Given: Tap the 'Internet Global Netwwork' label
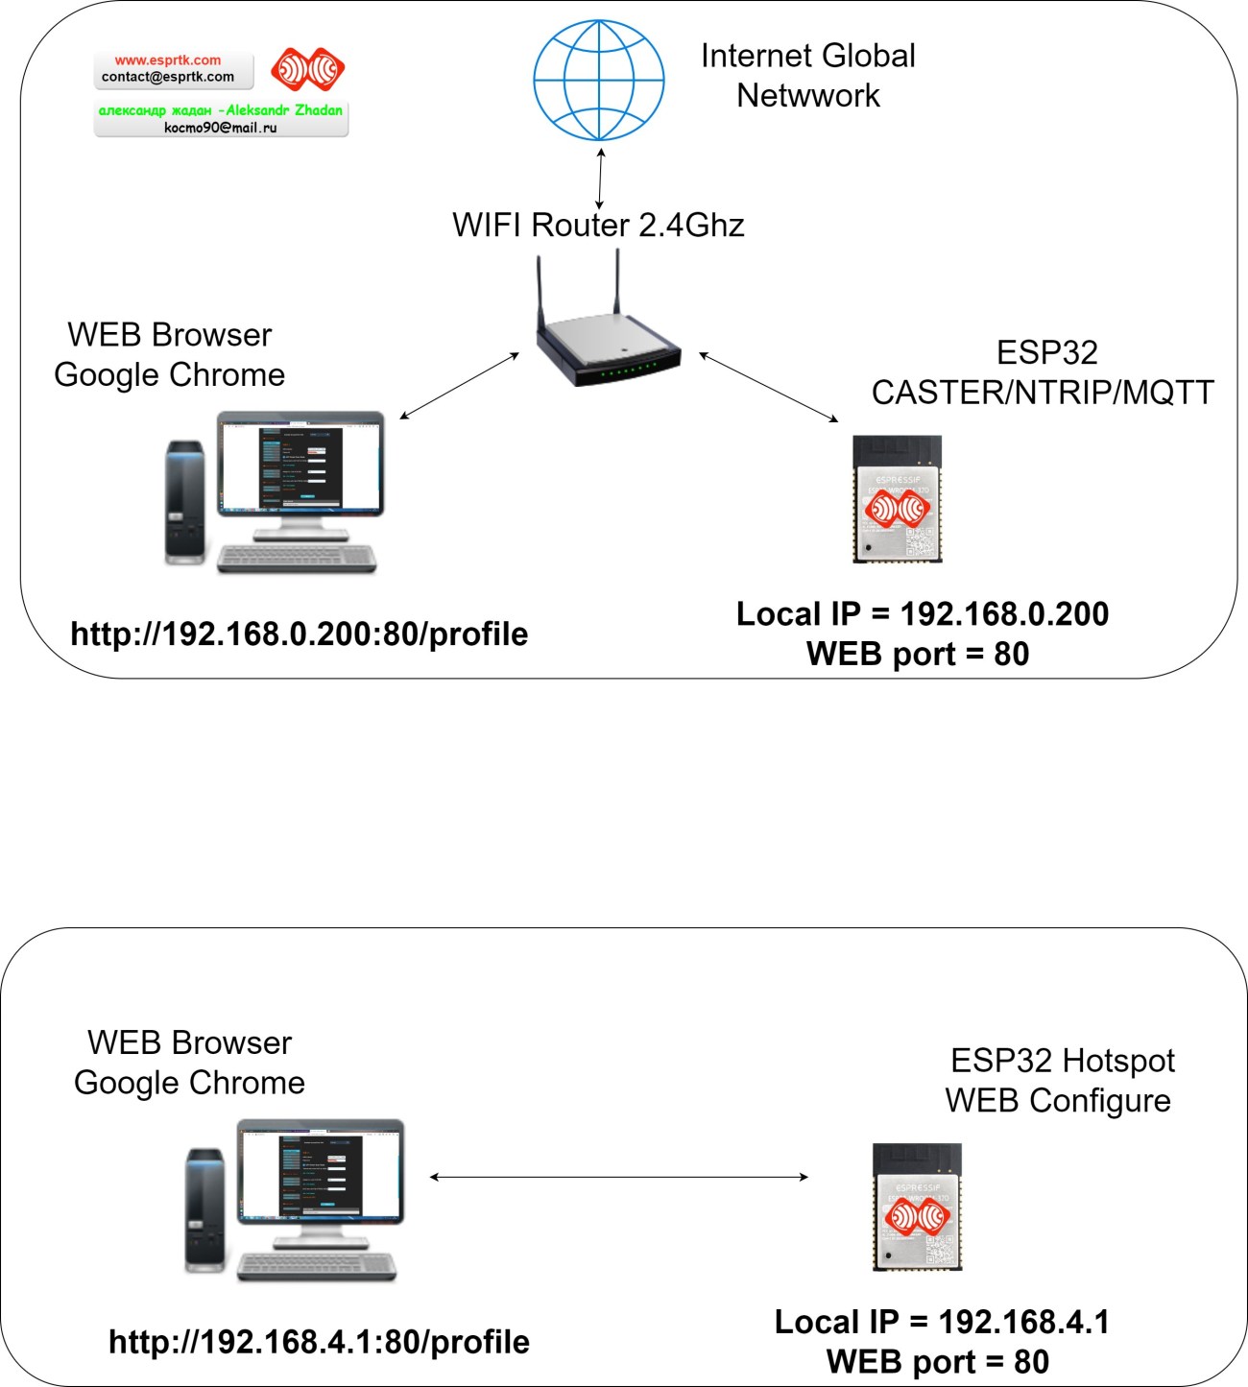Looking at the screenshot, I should point(807,75).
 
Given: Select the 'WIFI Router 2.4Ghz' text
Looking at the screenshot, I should point(598,225).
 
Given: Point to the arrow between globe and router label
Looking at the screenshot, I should point(600,178).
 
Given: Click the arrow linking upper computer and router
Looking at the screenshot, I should point(459,386).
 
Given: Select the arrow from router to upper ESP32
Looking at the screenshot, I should point(768,388).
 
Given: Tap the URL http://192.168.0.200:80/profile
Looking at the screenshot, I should point(300,634).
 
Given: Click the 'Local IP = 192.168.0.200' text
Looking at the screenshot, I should point(922,614).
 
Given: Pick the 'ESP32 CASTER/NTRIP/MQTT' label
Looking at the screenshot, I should point(1043,372).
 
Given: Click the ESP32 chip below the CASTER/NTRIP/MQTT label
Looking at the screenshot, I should point(898,499).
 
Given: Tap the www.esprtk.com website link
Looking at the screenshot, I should point(168,60).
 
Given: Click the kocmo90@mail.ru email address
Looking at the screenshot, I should point(221,128).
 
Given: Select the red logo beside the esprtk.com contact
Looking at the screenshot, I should point(307,69).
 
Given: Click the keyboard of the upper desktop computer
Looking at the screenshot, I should point(297,560).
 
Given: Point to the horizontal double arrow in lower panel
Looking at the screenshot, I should point(618,1177).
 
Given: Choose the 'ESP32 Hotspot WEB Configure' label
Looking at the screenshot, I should point(1059,1080).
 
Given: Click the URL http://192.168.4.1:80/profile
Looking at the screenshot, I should point(319,1341).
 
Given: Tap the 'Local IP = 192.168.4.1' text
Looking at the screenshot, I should point(941,1322).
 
